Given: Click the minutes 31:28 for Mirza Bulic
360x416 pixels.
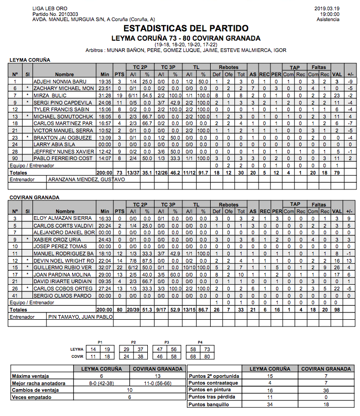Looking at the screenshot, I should [105, 96].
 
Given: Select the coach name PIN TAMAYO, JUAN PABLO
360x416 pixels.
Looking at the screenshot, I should [80, 317].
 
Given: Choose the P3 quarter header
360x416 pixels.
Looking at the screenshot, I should [166, 341].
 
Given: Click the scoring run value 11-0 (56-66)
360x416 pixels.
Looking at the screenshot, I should [157, 383].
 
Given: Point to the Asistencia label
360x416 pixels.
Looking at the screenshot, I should [328, 20].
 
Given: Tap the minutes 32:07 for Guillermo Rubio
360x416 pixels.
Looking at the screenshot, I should [105, 268].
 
